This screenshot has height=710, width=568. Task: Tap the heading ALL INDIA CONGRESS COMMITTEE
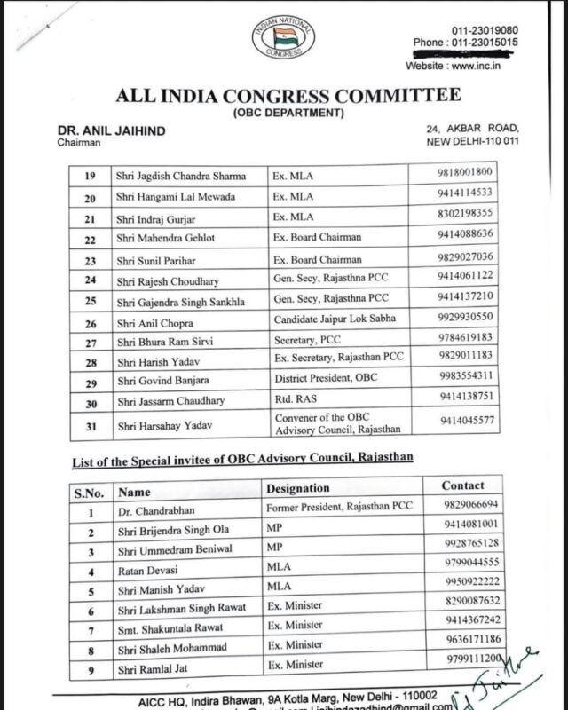coord(283,96)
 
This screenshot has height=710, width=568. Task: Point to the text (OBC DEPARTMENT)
coord(283,114)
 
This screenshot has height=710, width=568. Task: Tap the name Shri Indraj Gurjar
coord(152,217)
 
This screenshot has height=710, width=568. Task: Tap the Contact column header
coord(463,485)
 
